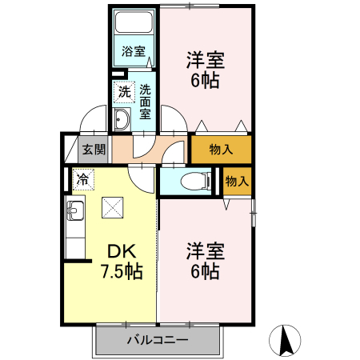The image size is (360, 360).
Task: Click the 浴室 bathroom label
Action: point(134,52)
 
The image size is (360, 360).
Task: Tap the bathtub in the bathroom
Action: point(134,25)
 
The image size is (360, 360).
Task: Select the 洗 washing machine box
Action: point(123,92)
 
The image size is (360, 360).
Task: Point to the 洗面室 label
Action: point(146,102)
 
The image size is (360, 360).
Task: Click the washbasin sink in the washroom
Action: point(122,122)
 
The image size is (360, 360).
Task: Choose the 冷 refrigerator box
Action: point(82,178)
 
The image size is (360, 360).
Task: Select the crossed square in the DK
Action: point(112,208)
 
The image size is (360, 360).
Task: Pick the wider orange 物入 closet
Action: point(221,150)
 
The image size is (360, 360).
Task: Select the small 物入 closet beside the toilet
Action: point(237,181)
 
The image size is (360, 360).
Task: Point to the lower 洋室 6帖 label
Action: point(206,260)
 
